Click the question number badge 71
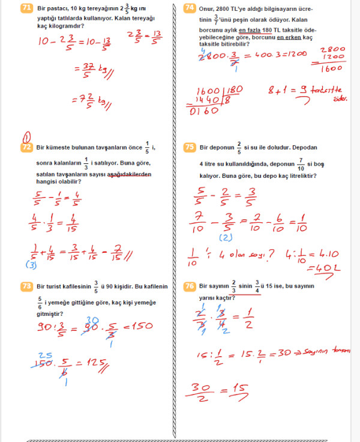26,8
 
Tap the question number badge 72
26,147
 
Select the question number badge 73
26,286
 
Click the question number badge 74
190,8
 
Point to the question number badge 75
190,147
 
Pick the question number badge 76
190,286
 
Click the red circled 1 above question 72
26,135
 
